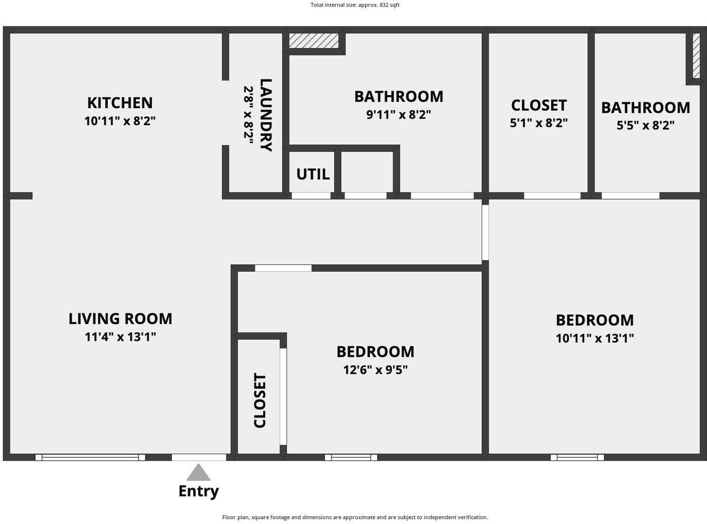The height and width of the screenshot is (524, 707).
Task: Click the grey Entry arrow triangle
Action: [x=198, y=474]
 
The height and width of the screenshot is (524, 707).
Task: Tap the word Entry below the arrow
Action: [x=198, y=491]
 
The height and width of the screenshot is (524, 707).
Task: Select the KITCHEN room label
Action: [x=120, y=103]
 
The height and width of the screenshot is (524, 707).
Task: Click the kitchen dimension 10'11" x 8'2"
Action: [x=120, y=121]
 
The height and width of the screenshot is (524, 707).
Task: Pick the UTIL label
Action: [x=313, y=174]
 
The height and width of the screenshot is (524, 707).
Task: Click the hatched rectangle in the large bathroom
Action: [x=314, y=41]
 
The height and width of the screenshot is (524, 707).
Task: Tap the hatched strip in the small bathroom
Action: [x=696, y=55]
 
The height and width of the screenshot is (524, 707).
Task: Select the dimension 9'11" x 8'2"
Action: [x=398, y=115]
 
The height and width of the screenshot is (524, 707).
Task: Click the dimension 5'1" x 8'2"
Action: [x=539, y=123]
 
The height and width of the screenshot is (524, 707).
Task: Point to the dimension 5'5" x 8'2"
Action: [x=645, y=125]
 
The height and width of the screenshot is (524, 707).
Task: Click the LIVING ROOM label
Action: [x=120, y=319]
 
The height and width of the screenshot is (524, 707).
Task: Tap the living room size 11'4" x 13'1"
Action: [x=120, y=337]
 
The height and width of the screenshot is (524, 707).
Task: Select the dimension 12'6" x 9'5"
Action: [x=375, y=369]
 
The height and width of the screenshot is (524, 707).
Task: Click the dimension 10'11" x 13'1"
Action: [x=594, y=338]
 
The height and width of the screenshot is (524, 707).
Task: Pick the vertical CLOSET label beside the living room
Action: [x=260, y=400]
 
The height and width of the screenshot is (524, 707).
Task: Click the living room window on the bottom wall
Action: [x=90, y=457]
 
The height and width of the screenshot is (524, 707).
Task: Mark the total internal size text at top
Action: [x=355, y=5]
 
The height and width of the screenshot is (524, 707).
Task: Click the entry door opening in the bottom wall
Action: [x=199, y=457]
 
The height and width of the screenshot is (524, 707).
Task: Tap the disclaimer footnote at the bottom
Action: [x=355, y=517]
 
